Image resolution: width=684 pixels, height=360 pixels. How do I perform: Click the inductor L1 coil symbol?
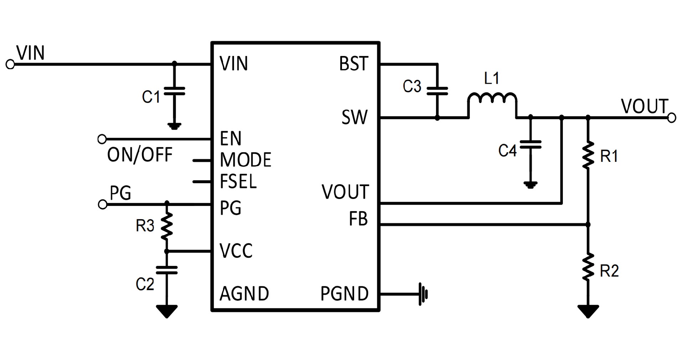[492, 99]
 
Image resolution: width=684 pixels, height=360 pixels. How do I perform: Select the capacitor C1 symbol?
[174, 91]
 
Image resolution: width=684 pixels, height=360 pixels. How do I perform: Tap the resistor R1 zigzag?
[588, 155]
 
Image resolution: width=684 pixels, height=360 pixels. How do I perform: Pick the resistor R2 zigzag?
[588, 267]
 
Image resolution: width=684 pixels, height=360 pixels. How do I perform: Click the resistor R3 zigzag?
[167, 226]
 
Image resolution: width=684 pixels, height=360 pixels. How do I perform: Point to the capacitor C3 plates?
[437, 91]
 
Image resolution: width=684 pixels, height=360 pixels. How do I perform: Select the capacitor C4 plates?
[530, 144]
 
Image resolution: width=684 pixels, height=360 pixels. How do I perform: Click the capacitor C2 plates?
[166, 270]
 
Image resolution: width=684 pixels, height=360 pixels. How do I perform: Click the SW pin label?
[354, 117]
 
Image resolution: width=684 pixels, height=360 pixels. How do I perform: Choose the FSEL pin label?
[238, 181]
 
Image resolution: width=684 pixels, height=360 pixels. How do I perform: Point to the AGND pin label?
[244, 294]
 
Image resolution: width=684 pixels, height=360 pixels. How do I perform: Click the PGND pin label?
[344, 294]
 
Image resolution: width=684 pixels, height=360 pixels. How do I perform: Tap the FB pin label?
[358, 219]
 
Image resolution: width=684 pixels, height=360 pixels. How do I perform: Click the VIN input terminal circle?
[10, 65]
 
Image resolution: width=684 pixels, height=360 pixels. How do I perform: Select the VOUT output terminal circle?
[672, 118]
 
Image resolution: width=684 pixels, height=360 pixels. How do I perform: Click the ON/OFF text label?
[140, 155]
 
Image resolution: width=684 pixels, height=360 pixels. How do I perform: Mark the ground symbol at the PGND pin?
[423, 294]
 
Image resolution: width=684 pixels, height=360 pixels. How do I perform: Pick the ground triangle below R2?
[588, 311]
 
